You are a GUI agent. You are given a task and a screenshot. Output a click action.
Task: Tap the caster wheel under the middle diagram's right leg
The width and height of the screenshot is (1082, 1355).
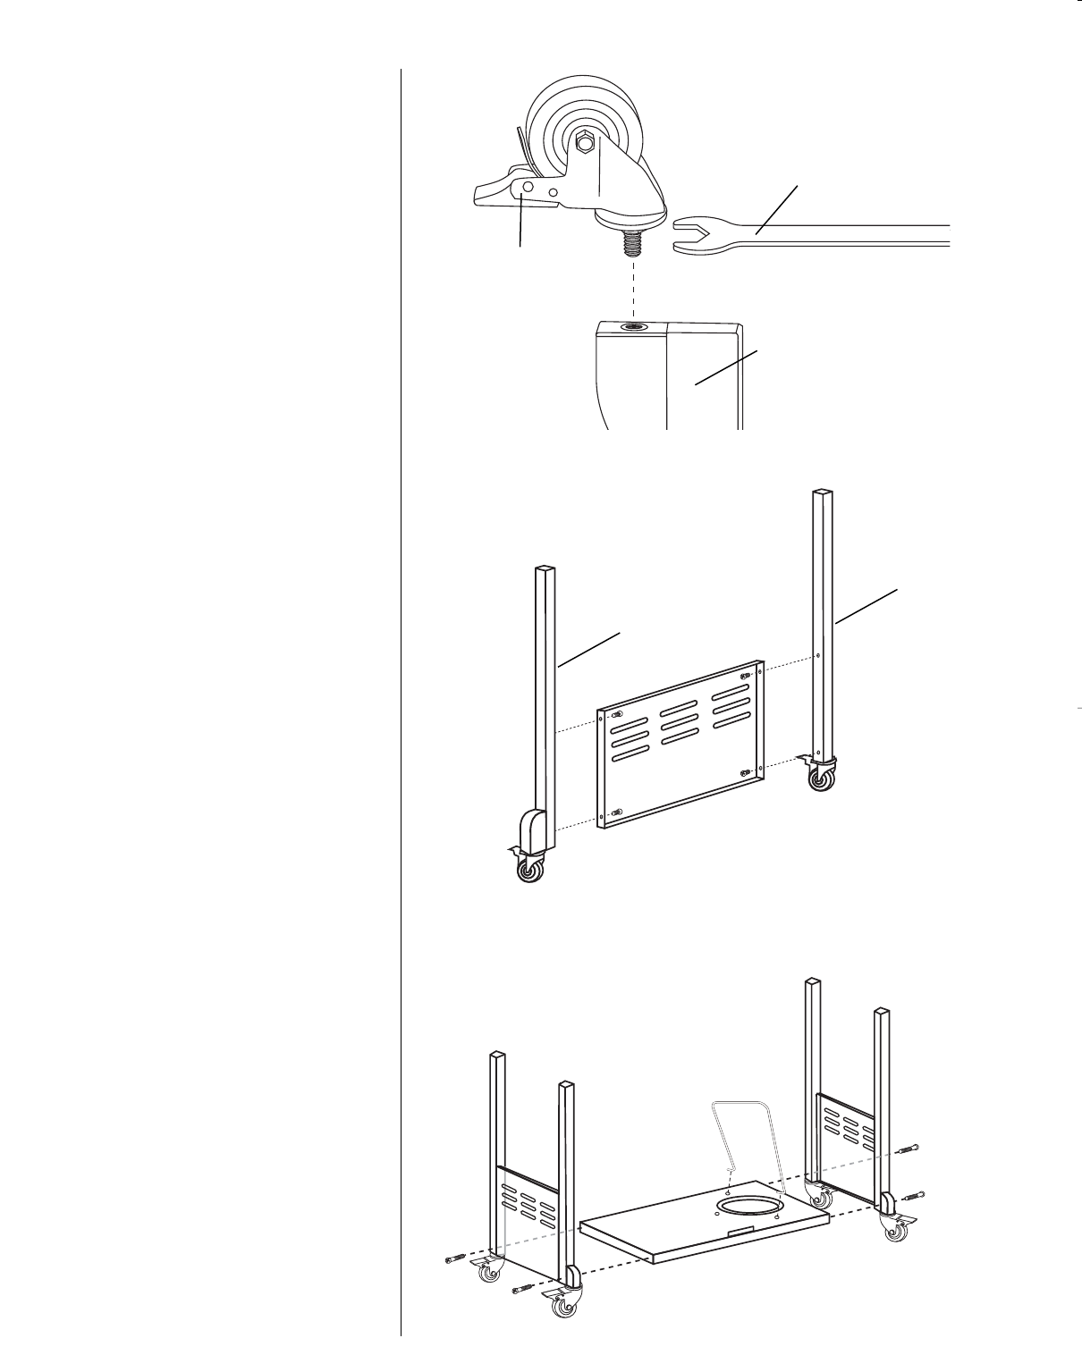click(819, 780)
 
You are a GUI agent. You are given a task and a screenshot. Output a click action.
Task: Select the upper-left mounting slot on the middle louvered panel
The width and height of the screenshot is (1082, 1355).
click(618, 715)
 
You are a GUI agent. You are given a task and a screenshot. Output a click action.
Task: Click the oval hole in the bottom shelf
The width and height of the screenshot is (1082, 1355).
click(748, 1208)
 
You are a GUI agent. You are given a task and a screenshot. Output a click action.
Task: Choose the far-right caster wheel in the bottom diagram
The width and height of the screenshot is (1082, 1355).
click(895, 1233)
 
